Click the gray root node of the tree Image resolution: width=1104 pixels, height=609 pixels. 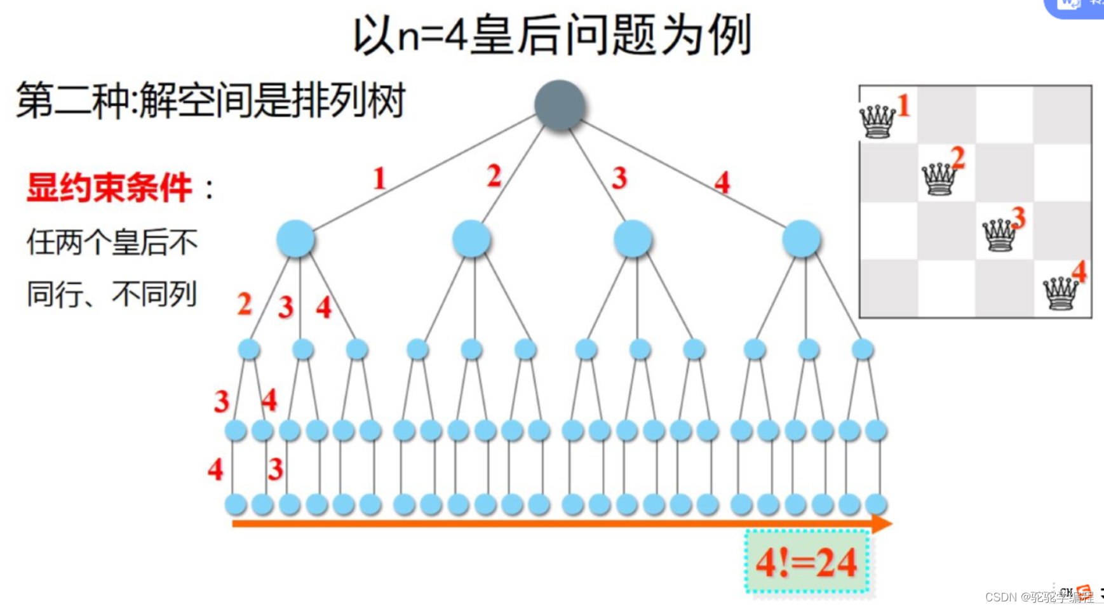coord(560,105)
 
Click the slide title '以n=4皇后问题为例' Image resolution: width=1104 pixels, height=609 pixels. coord(552,36)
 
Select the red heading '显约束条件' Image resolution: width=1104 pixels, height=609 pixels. coord(109,188)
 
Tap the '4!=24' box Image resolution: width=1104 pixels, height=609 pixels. coord(807,562)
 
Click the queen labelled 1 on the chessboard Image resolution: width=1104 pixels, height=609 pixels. coord(877,121)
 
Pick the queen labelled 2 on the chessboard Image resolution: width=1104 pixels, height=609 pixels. coord(939,178)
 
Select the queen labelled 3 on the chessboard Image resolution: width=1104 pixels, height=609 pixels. coord(999,236)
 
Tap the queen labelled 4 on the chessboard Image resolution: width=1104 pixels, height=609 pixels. coord(1060,293)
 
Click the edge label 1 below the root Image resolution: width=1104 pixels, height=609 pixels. coord(379,178)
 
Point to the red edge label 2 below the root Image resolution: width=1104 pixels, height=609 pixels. coord(494,176)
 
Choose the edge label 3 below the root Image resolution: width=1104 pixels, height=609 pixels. coord(619,178)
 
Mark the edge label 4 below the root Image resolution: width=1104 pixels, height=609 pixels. coord(722,183)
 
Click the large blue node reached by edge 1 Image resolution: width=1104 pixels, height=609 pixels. coord(295,239)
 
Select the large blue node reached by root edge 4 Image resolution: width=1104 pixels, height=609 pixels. coord(801,239)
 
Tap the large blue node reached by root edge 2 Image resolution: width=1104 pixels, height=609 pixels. coord(471,239)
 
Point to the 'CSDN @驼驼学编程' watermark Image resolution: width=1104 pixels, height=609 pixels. coord(1039,597)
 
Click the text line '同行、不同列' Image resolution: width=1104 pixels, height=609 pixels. coord(112,294)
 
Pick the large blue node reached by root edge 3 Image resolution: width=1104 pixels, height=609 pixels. coord(633,239)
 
